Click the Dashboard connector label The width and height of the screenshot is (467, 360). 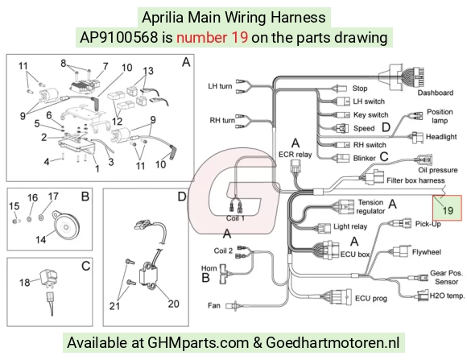click(435, 93)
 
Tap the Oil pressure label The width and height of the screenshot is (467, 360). click(438, 170)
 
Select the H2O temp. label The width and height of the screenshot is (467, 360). click(447, 296)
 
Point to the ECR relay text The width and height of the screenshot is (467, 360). click(295, 155)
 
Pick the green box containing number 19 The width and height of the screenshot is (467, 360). click(448, 208)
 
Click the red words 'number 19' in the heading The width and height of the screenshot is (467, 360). click(212, 37)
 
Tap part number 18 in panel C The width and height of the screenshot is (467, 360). click(25, 282)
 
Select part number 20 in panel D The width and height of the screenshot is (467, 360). click(173, 304)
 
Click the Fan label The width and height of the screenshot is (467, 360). click(214, 305)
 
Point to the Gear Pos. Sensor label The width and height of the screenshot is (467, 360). click(446, 277)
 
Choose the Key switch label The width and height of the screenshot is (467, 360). click(371, 114)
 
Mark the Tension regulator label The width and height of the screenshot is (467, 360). click(370, 206)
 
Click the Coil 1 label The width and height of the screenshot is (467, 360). click(235, 218)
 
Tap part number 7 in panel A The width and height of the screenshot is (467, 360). click(105, 66)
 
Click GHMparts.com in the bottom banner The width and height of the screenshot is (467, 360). click(198, 342)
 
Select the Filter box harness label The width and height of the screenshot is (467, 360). click(415, 180)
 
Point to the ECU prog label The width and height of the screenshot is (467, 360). click(371, 298)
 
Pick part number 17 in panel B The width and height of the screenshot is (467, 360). click(53, 197)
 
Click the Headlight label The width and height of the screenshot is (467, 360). click(441, 137)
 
